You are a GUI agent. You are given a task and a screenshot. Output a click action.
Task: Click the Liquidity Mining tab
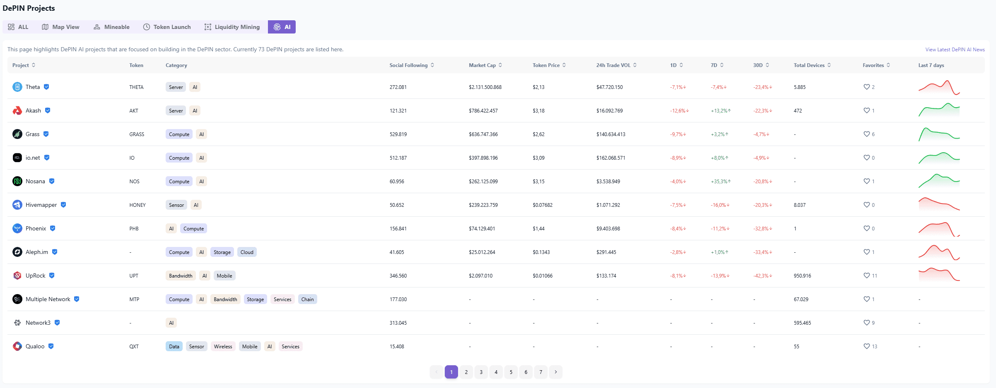click(232, 27)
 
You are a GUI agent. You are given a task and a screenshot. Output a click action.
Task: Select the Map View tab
click(60, 27)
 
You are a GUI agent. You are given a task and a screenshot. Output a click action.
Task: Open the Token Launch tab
click(167, 27)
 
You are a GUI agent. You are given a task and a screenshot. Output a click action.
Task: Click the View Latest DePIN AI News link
click(955, 50)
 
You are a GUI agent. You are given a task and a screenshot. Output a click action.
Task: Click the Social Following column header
click(412, 65)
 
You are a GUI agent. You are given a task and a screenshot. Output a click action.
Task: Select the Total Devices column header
click(812, 65)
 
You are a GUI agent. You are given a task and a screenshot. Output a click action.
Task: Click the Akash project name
click(33, 110)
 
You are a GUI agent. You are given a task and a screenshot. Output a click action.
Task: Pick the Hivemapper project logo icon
click(17, 205)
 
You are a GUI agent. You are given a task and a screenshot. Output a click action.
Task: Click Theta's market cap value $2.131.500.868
click(485, 87)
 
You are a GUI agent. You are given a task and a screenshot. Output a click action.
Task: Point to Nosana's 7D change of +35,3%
click(721, 182)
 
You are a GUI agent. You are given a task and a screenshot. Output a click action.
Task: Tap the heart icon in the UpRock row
click(866, 275)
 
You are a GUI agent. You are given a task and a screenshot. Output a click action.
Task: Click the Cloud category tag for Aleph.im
click(247, 252)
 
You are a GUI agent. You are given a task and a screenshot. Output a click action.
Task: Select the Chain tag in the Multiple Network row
click(307, 299)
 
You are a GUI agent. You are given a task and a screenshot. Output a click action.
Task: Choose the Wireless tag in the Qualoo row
click(223, 347)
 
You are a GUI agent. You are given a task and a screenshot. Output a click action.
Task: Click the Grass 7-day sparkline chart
click(939, 134)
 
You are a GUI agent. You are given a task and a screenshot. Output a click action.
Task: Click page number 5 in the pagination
click(511, 372)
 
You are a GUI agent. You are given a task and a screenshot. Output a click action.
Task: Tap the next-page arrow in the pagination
click(556, 372)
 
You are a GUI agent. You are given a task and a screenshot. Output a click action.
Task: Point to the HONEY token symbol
click(137, 205)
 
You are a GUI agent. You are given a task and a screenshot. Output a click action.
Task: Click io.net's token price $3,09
click(538, 158)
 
